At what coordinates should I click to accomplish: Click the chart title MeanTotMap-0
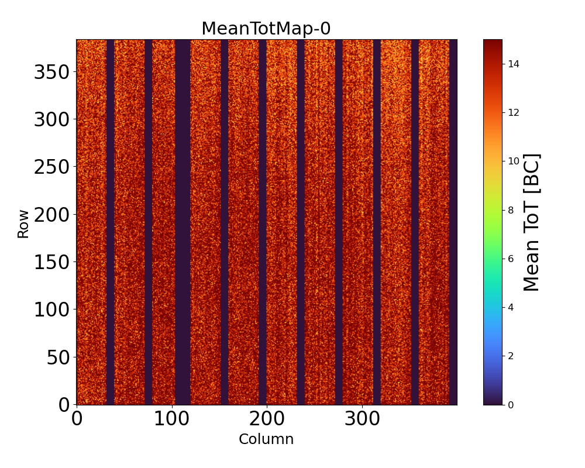[266, 29]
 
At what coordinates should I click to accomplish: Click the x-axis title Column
[266, 439]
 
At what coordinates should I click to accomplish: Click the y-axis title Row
[23, 225]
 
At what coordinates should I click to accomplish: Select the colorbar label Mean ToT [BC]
[531, 222]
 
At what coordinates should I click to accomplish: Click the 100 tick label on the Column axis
[171, 420]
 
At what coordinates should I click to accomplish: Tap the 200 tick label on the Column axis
[267, 420]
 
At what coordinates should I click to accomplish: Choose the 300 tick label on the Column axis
[362, 420]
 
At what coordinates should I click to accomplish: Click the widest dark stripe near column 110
[183, 222]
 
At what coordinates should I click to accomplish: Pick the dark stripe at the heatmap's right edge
[453, 222]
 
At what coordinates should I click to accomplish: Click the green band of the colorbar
[493, 234]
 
